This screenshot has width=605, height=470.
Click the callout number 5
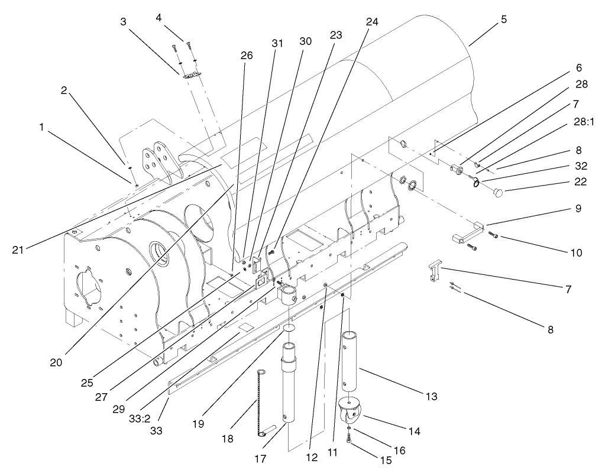coord(503,19)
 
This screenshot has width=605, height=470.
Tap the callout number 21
coord(18,249)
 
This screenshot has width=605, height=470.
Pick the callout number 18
coord(227,439)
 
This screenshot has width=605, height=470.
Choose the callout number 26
coord(246,56)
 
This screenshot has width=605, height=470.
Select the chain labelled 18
coord(258,402)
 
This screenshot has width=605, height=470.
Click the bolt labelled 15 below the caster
coord(351,439)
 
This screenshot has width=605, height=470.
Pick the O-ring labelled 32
coord(477,183)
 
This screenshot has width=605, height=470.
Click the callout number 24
coord(371,21)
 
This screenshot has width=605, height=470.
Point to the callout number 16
coord(400,450)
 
